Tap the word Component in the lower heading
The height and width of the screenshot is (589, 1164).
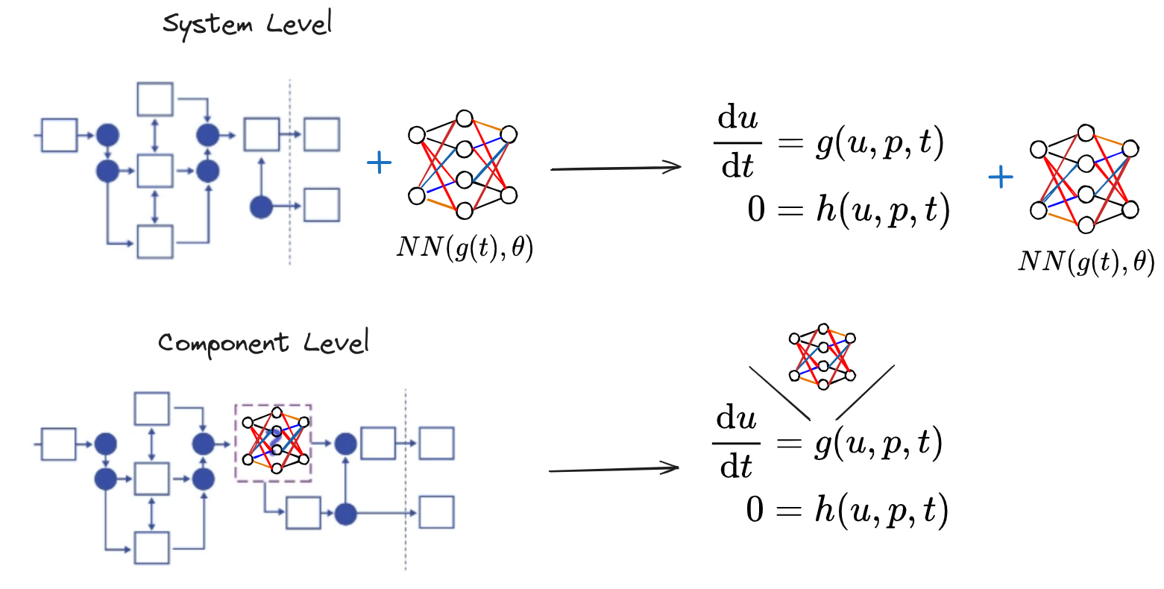click(x=223, y=344)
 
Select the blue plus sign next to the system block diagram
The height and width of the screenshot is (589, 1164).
click(x=380, y=163)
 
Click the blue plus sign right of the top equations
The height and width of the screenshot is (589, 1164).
click(x=1000, y=177)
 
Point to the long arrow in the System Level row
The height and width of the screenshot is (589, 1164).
click(x=615, y=168)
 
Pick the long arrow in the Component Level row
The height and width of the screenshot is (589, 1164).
click(x=614, y=470)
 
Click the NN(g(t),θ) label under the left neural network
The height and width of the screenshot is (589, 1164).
click(x=465, y=247)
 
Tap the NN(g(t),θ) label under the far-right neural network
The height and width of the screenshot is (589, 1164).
click(x=1086, y=261)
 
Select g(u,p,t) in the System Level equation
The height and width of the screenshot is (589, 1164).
click(x=880, y=142)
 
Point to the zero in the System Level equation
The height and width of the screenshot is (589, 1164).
click(x=756, y=210)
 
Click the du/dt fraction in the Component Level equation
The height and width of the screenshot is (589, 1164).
click(x=737, y=443)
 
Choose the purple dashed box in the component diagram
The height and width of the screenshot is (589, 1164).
click(x=273, y=443)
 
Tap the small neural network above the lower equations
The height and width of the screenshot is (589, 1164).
click(x=822, y=356)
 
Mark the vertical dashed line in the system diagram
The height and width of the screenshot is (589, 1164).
click(x=289, y=171)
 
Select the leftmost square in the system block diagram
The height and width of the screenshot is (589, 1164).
click(x=59, y=135)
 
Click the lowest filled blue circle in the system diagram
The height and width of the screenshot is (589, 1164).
click(x=261, y=207)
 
